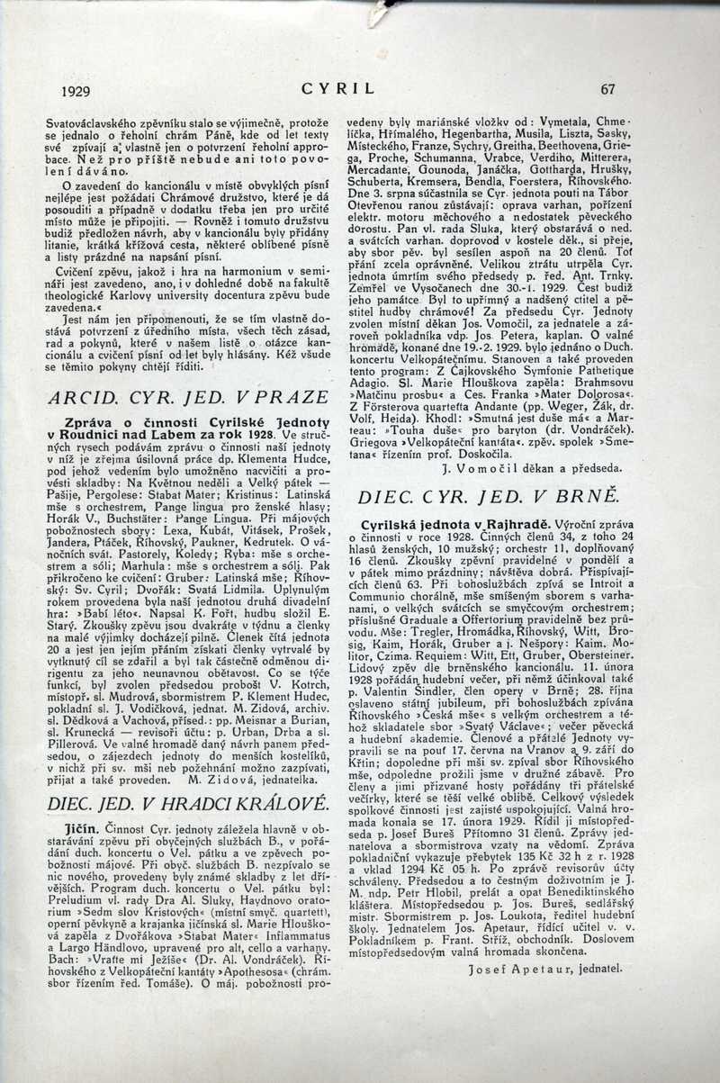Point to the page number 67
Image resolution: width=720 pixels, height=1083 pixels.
[x=607, y=89]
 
